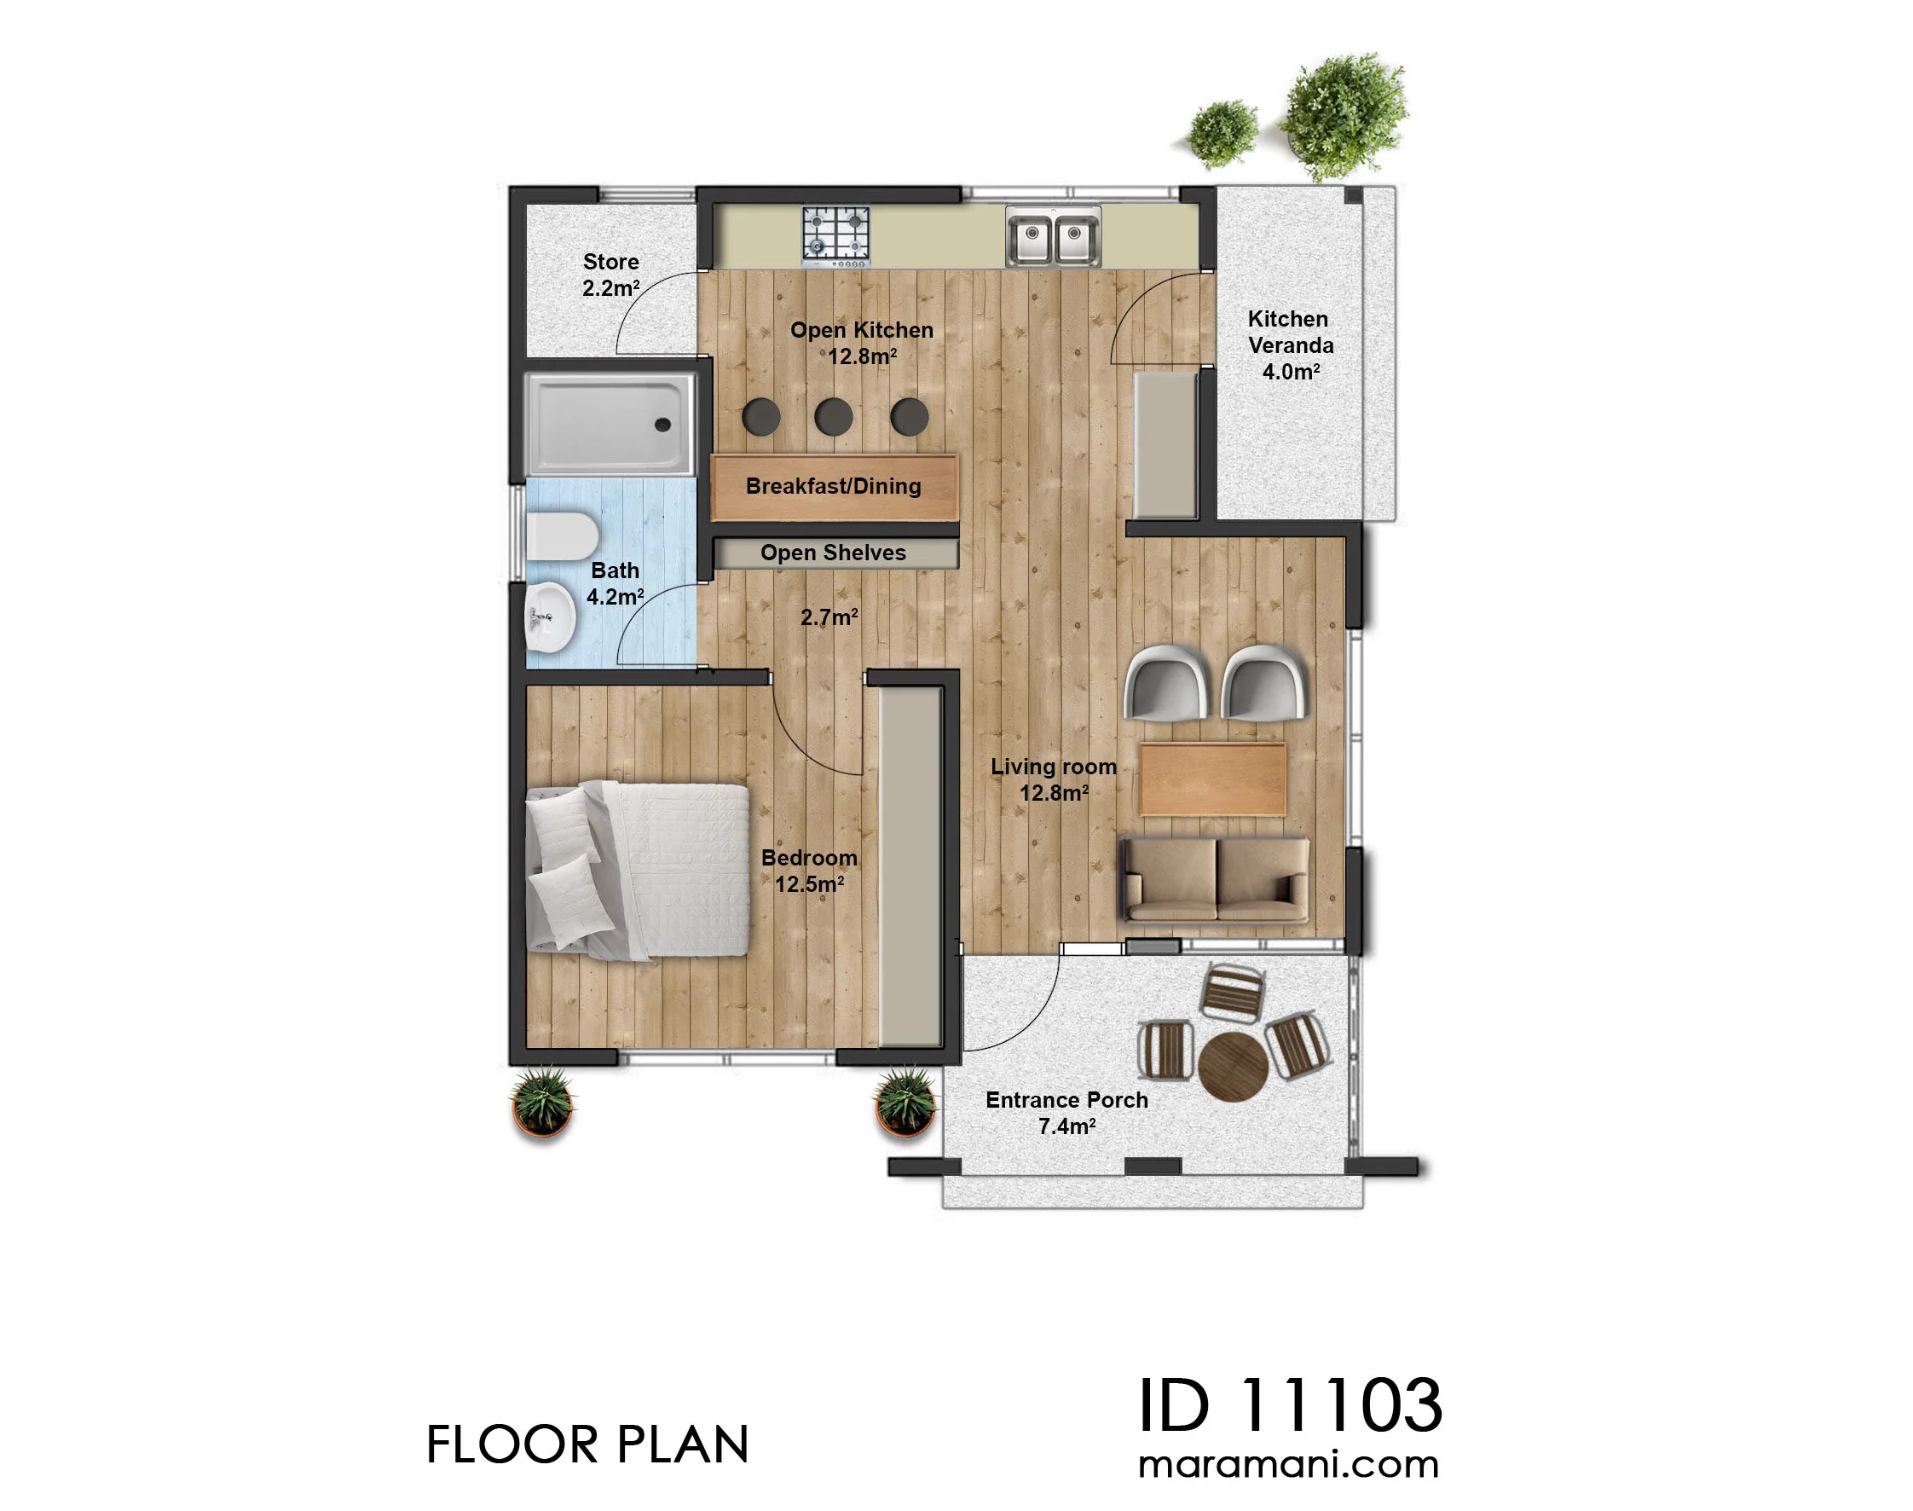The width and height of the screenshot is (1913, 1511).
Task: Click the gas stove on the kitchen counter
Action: (835, 236)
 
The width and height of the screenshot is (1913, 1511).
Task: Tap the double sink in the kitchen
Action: (1054, 236)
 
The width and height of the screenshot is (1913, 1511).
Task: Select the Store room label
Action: (611, 275)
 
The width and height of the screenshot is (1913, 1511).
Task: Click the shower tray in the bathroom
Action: (610, 424)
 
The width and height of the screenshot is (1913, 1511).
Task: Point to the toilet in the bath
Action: (562, 536)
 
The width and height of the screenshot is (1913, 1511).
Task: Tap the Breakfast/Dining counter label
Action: (834, 486)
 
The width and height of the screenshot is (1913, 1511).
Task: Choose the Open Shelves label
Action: (833, 553)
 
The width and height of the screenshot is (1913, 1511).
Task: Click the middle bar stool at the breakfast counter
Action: (834, 416)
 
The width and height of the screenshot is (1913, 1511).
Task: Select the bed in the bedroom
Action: (638, 871)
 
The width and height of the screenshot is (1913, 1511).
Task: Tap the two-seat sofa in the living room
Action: (1215, 879)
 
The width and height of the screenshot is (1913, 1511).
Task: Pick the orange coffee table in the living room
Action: (1212, 779)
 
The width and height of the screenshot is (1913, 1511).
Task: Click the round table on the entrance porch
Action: (1233, 1067)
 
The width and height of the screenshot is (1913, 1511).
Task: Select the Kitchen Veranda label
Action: (1290, 345)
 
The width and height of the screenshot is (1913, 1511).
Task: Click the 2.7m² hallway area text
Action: (829, 617)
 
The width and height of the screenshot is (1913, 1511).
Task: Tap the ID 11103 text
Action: (1291, 1404)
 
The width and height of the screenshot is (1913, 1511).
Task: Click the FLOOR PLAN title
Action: (587, 1444)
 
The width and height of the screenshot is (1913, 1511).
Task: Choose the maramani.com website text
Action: (1289, 1465)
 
